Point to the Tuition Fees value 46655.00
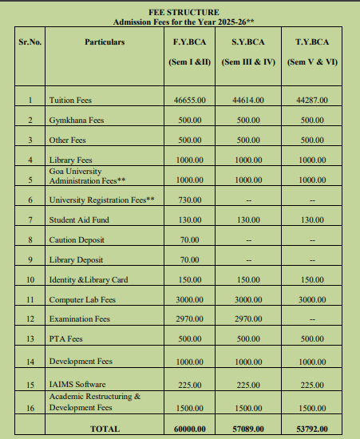[x=189, y=101]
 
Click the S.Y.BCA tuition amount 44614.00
[x=249, y=101]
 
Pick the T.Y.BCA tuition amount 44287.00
[x=312, y=101]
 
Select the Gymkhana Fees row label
[x=77, y=121]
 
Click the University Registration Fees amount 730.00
[x=189, y=200]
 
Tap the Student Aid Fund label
[x=79, y=219]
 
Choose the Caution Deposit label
[x=74, y=239]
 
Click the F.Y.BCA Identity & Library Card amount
[x=189, y=279]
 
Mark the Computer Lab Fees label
[x=82, y=299]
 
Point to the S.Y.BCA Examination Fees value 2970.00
[x=249, y=319]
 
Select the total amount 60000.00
[x=189, y=429]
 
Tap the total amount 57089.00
[x=249, y=429]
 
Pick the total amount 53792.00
[x=312, y=429]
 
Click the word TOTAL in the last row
[x=105, y=429]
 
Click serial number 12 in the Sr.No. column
[x=30, y=319]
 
